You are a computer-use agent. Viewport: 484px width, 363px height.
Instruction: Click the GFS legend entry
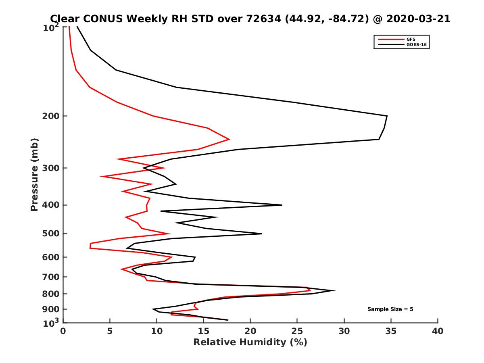tap(411, 39)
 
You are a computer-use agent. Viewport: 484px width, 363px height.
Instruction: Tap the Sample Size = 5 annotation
tap(390, 309)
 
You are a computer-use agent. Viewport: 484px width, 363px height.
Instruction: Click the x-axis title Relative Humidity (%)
tap(250, 342)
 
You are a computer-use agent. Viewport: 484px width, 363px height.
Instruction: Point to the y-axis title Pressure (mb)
tap(34, 175)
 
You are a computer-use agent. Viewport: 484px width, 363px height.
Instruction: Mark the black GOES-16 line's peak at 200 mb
tap(387, 116)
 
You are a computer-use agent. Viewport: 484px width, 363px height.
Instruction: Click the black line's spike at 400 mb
tap(282, 205)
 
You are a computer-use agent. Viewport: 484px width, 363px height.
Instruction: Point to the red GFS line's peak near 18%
tap(229, 139)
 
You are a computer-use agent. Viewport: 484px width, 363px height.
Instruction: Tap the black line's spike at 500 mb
tap(261, 234)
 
